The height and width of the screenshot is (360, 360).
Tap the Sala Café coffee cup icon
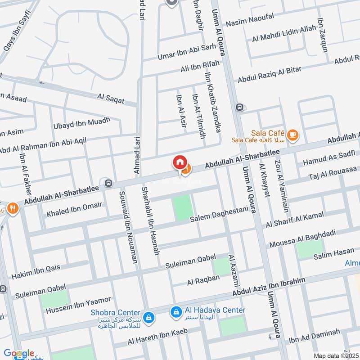pyautogui.click(x=292, y=135)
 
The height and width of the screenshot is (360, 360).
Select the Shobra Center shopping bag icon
pyautogui.click(x=149, y=319)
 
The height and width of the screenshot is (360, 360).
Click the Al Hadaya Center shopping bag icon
pyautogui.click(x=175, y=311)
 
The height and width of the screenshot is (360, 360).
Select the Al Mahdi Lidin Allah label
pyautogui.click(x=284, y=34)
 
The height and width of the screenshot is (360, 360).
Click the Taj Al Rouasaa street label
pyautogui.click(x=330, y=173)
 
